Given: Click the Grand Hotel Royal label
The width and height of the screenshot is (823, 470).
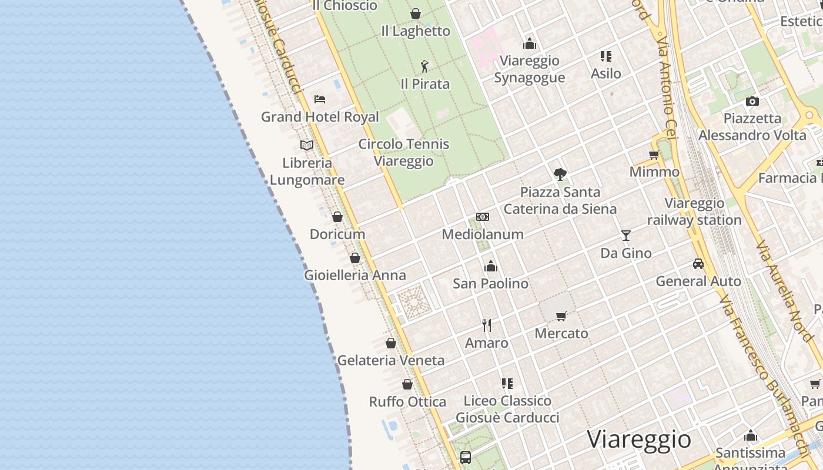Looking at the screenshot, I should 320,116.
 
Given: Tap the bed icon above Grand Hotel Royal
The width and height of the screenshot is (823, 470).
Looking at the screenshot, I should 320,99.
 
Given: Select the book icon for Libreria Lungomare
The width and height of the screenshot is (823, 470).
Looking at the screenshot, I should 307,145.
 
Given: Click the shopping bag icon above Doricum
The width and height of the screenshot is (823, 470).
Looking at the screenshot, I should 337,217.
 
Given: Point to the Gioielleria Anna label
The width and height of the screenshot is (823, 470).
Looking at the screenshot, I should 354,275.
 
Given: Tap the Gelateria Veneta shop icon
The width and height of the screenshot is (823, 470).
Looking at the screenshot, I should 391,343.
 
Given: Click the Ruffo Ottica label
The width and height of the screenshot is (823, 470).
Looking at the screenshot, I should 407,402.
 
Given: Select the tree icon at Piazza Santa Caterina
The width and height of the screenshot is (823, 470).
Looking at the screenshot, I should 560,174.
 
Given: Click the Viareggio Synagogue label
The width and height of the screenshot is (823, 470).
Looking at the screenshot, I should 529,69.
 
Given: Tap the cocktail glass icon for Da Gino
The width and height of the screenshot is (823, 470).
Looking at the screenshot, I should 626,236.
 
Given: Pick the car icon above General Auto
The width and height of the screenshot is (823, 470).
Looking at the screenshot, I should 698,264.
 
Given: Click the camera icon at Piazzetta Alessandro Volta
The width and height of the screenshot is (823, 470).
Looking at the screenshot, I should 752,101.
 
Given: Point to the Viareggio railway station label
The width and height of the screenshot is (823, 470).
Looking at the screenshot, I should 694,211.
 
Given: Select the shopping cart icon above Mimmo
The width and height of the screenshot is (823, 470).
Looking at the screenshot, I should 654,155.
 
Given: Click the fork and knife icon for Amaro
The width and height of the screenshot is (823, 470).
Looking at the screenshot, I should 487,325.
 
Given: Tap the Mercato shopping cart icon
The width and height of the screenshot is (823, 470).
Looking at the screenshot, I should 561,316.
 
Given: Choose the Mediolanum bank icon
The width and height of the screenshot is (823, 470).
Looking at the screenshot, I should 483,217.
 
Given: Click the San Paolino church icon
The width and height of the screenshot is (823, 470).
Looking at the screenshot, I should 491,266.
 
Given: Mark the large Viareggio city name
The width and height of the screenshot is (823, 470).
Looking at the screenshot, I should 639,439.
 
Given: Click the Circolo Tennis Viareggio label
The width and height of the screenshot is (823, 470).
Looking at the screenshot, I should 404,152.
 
